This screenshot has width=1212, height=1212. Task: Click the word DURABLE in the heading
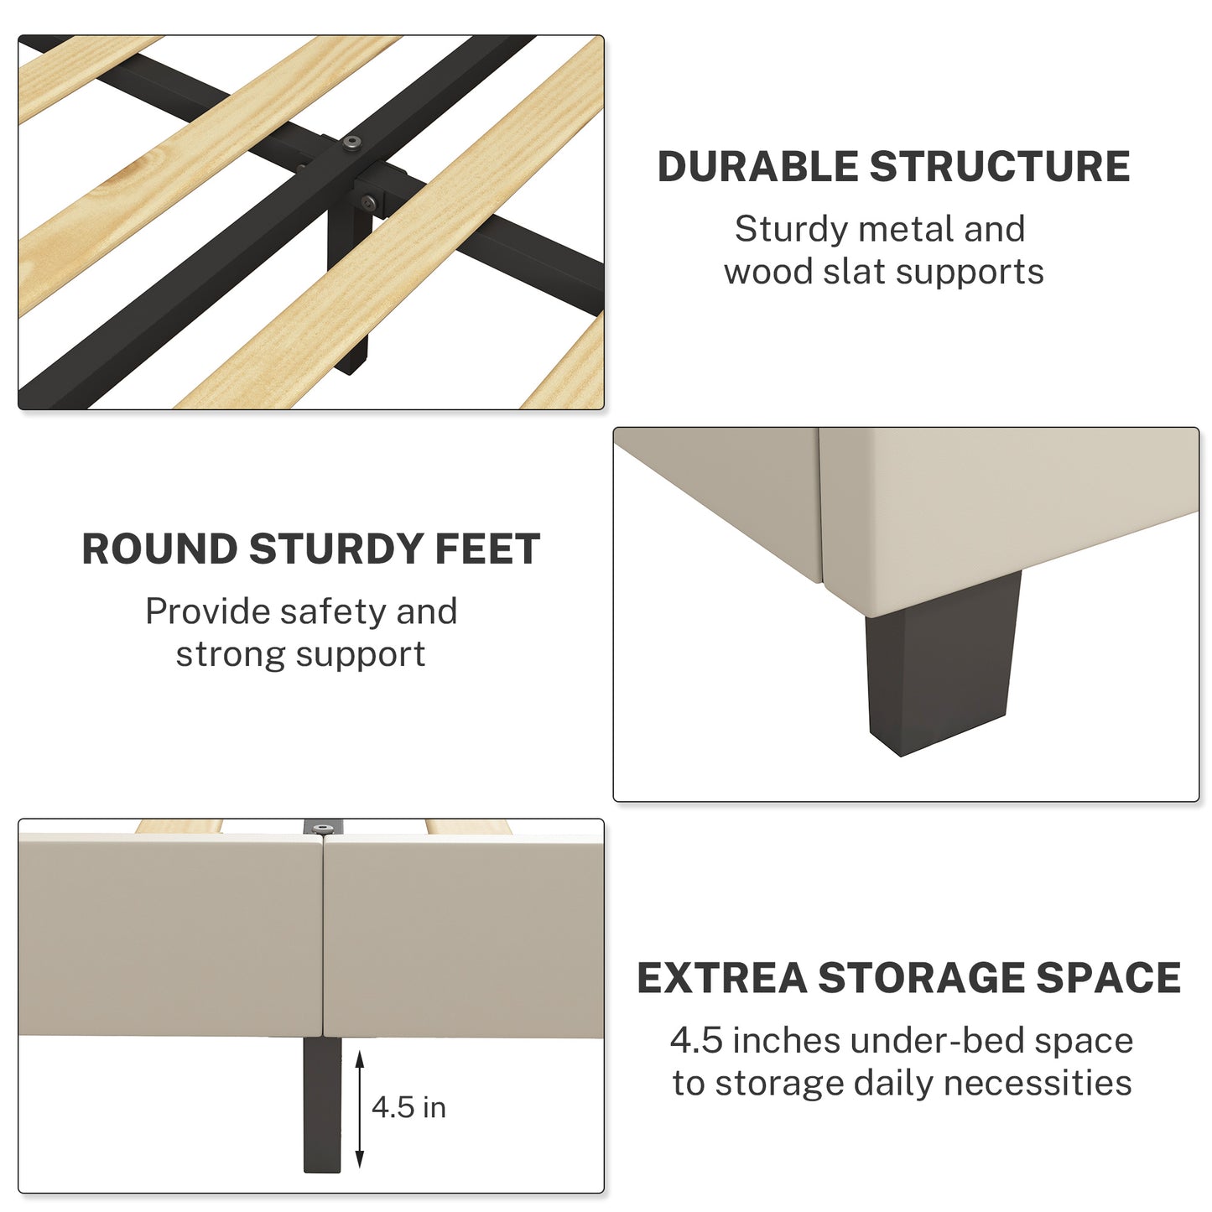coord(758,167)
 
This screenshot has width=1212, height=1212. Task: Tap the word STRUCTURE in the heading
coord(1000,167)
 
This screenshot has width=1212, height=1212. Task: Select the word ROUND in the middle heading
coord(159,549)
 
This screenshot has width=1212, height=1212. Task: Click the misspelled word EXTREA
coord(722,977)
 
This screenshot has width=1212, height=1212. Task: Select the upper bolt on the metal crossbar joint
coord(352,144)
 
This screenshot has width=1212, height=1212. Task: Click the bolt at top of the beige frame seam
coord(323,829)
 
